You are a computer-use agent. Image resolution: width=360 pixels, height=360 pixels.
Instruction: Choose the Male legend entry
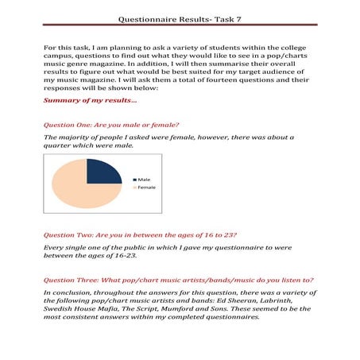143,180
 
